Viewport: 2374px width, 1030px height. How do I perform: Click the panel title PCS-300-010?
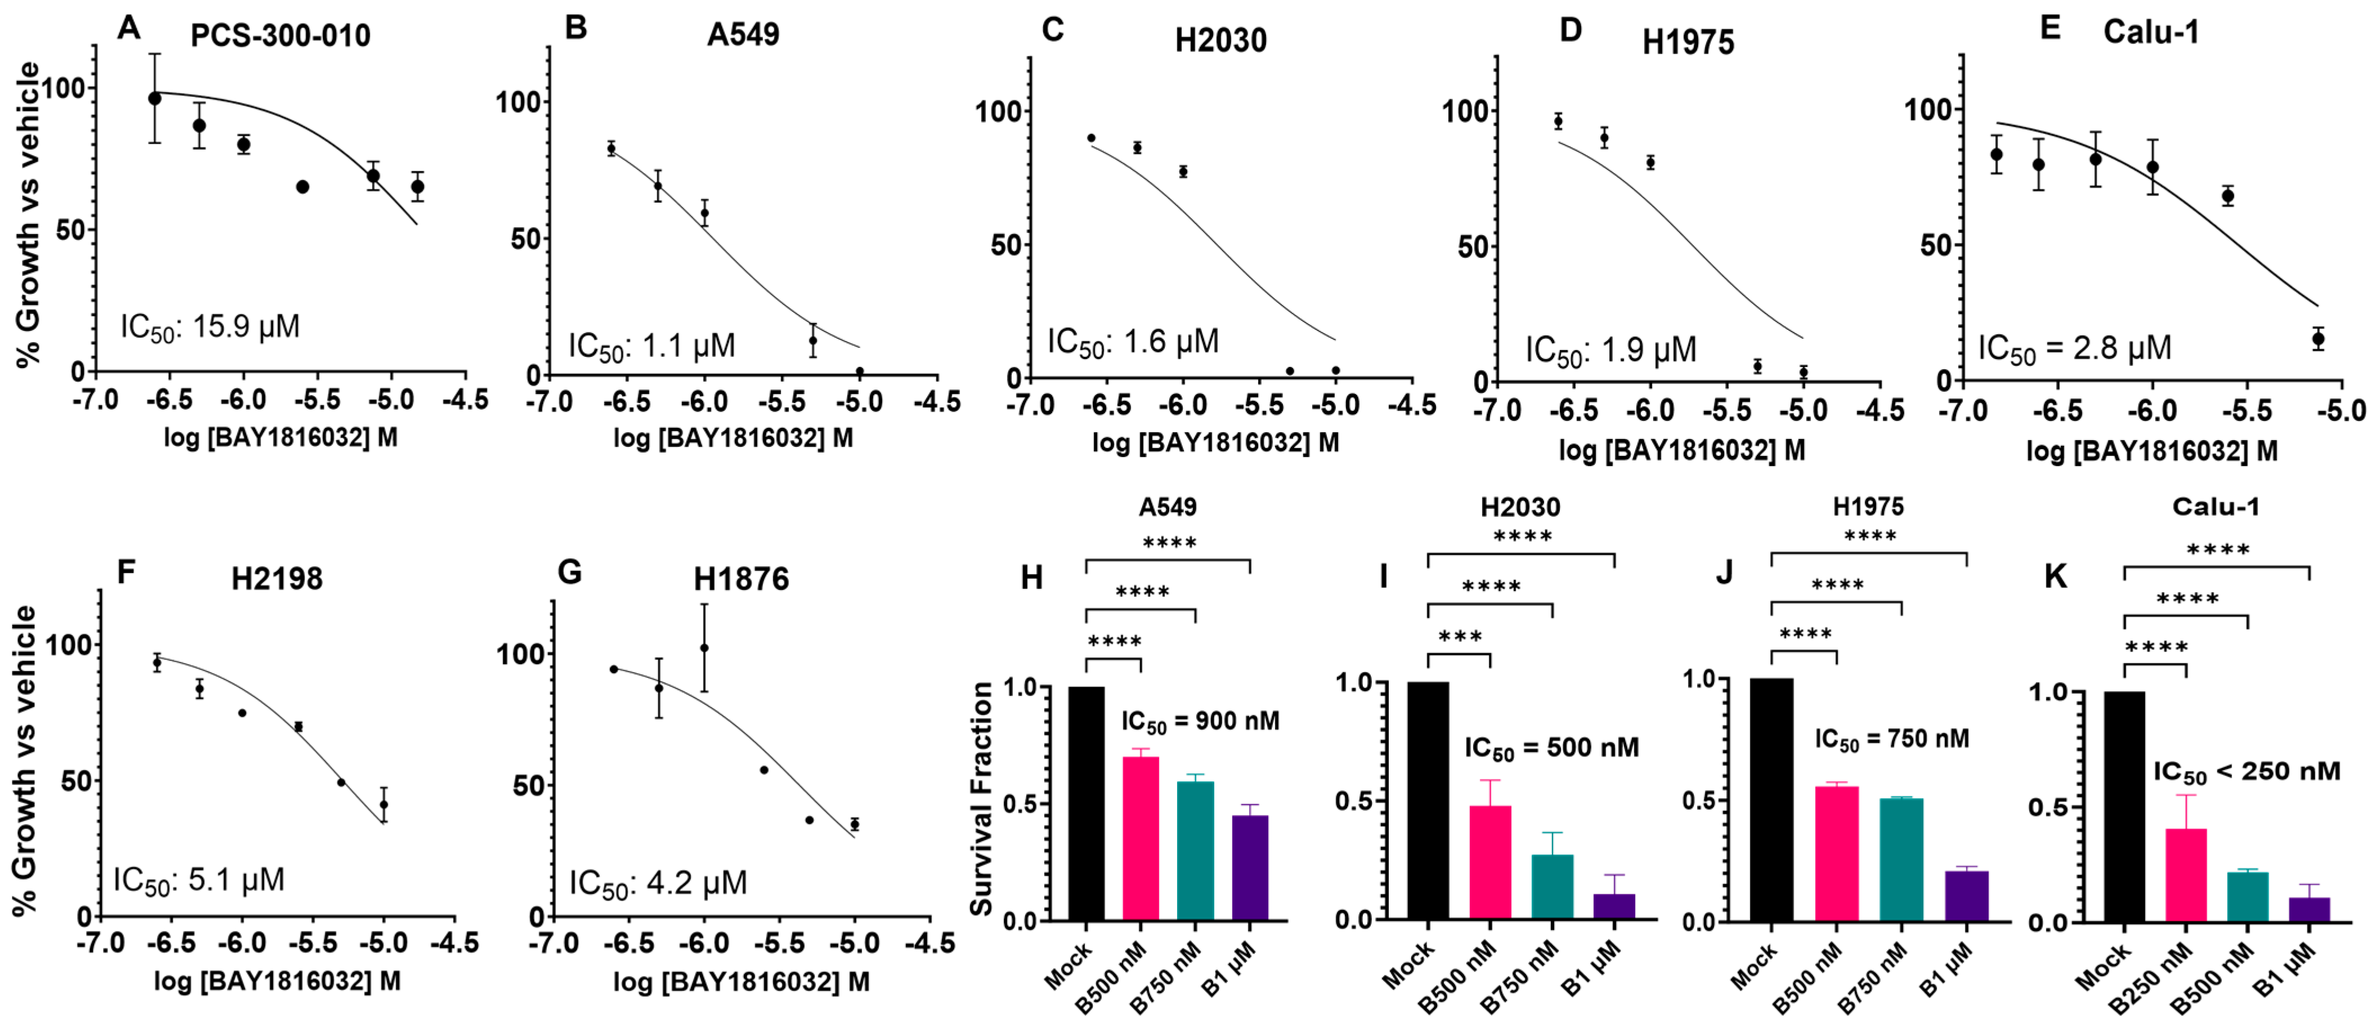280,36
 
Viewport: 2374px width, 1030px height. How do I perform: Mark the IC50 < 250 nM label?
2246,772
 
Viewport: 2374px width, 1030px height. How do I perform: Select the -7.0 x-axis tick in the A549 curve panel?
548,403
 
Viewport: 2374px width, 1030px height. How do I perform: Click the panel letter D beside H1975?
1570,30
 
